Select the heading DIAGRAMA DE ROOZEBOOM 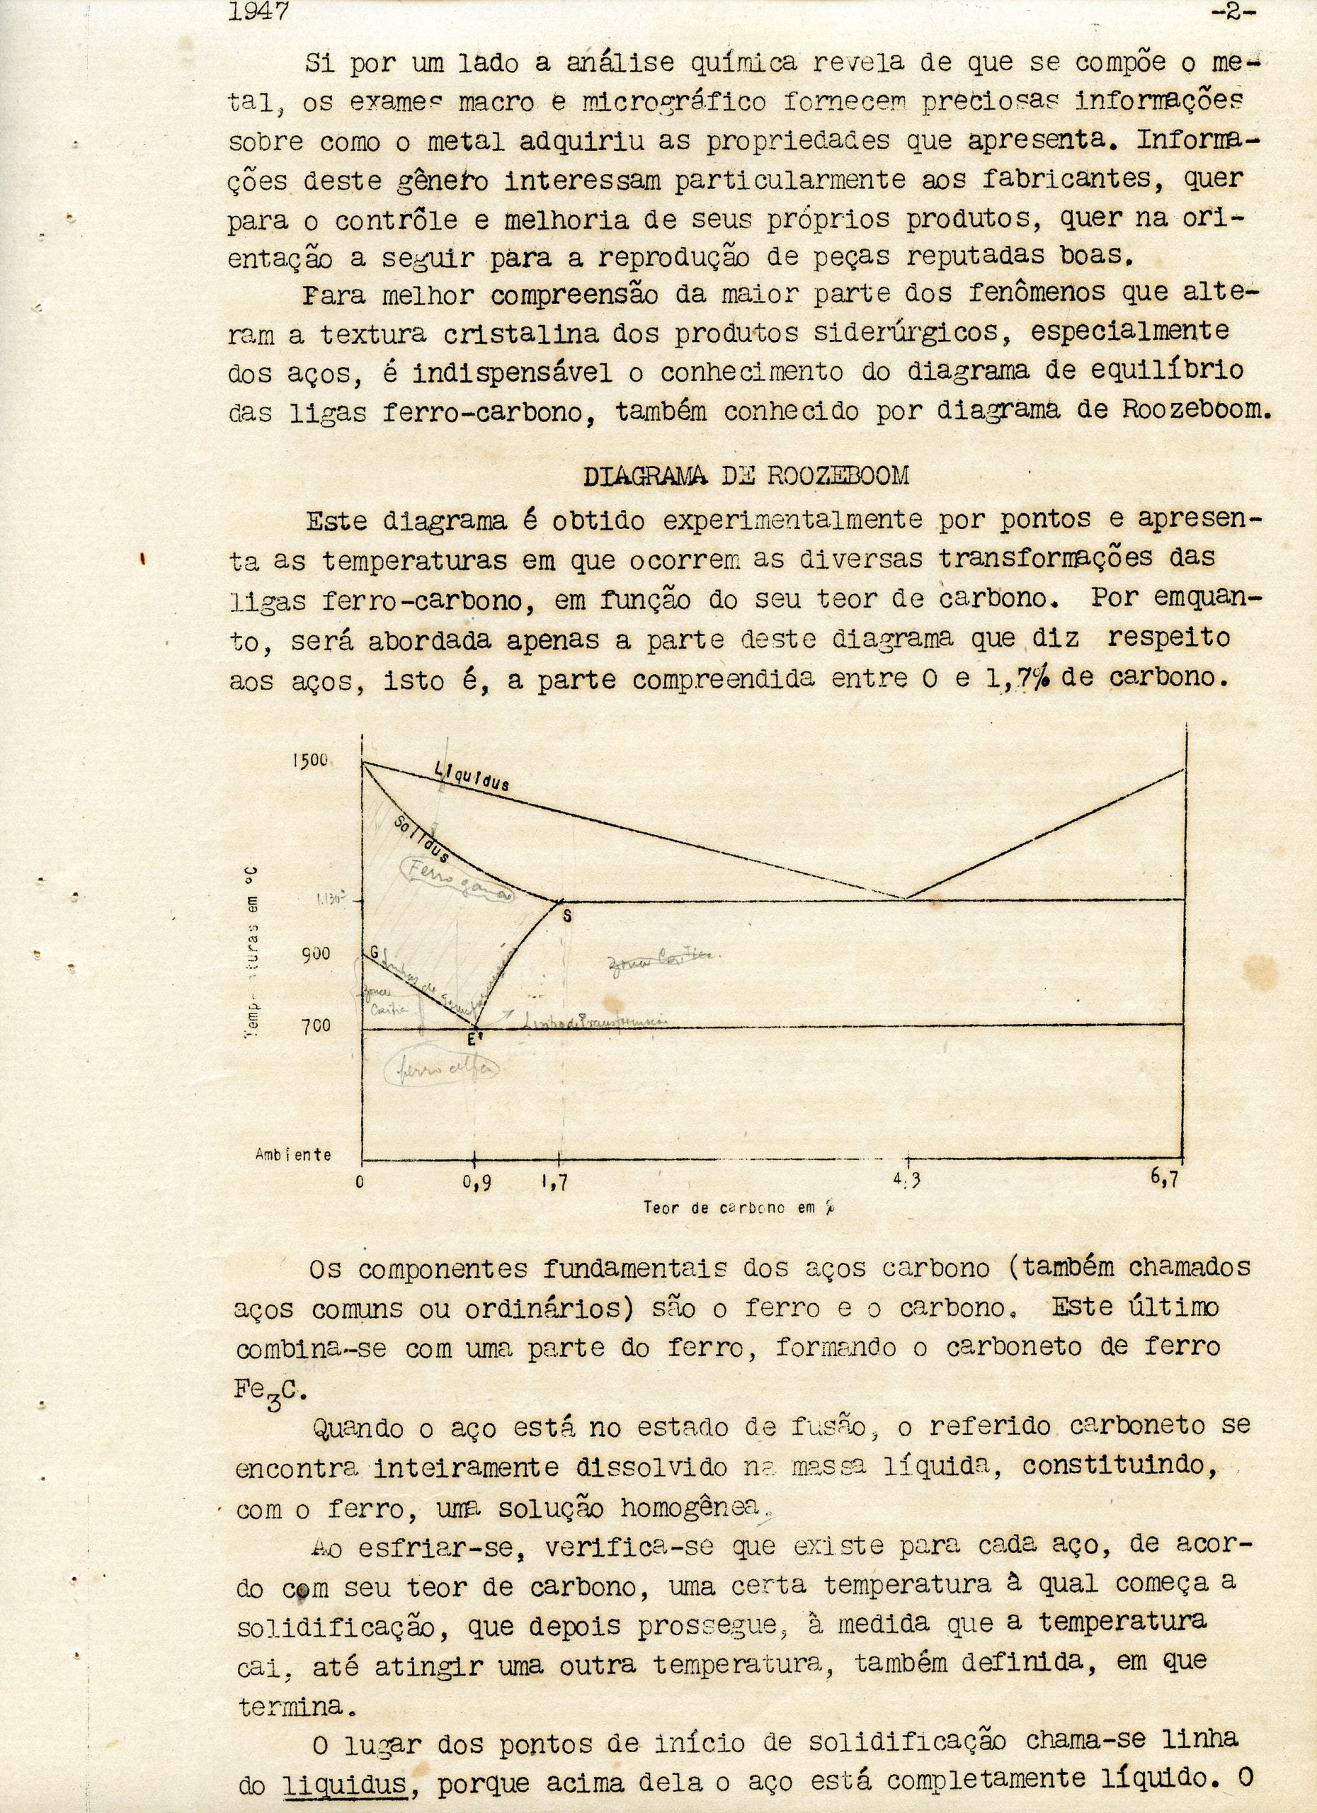click(x=746, y=476)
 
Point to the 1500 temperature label click(x=309, y=759)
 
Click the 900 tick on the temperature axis click(x=316, y=954)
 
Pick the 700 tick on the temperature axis click(x=316, y=1025)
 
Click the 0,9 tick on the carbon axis click(x=477, y=1185)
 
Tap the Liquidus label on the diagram click(x=472, y=776)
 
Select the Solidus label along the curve click(x=422, y=840)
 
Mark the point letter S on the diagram click(x=566, y=916)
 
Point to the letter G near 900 click(x=372, y=952)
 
